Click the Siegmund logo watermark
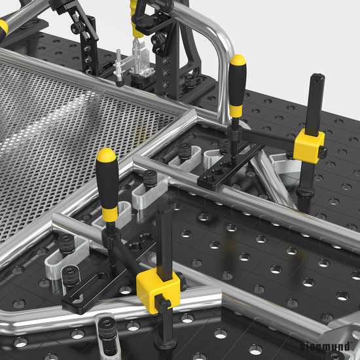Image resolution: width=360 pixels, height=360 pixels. coord(325,346)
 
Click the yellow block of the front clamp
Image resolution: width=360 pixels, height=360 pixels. coord(158,290)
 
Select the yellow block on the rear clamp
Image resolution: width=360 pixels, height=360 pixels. coord(309,146)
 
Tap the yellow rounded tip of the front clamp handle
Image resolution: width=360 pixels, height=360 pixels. coord(106,155)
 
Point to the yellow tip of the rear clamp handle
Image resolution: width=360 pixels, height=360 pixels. coord(238,61)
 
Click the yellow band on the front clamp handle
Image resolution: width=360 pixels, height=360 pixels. coord(110,214)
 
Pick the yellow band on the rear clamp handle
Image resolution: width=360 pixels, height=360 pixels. coord(236,111)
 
